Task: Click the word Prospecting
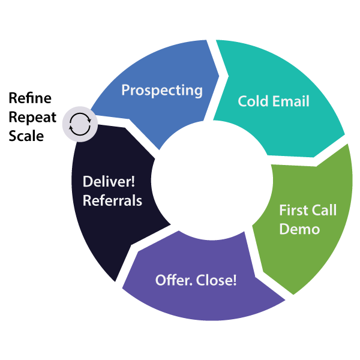pyautogui.click(x=162, y=91)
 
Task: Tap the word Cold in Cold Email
pyautogui.click(x=254, y=101)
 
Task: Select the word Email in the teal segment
pyautogui.click(x=290, y=101)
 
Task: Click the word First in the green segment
pyautogui.click(x=294, y=211)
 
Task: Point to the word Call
pyautogui.click(x=324, y=211)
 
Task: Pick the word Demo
pyautogui.click(x=299, y=229)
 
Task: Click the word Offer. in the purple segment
pyautogui.click(x=175, y=280)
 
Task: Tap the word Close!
pyautogui.click(x=217, y=280)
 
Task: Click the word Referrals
pyautogui.click(x=112, y=200)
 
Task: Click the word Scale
pyautogui.click(x=26, y=136)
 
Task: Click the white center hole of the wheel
pyautogui.click(x=203, y=181)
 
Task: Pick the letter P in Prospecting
pyautogui.click(x=126, y=91)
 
